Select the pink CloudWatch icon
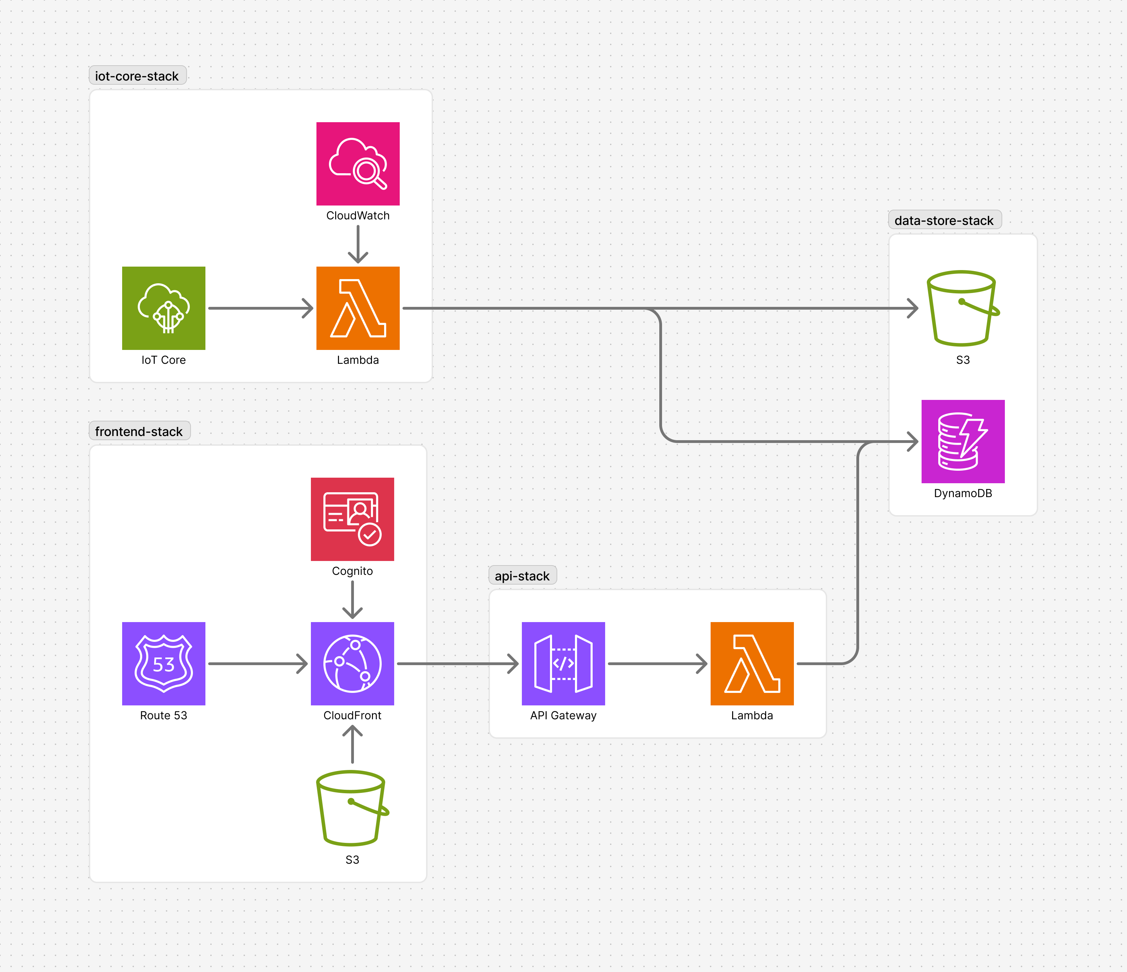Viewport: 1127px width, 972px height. pos(358,164)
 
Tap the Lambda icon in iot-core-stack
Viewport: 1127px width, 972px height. pos(358,308)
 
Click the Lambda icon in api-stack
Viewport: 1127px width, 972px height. pos(752,663)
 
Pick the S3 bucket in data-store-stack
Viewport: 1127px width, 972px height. pos(962,308)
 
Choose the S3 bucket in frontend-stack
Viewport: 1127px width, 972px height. pos(352,808)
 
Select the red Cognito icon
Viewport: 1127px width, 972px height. pos(352,519)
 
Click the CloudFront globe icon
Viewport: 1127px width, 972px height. pos(352,663)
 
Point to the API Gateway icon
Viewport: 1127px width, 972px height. pos(563,663)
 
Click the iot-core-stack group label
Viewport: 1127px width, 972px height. pos(137,76)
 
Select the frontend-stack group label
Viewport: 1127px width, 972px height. pos(139,431)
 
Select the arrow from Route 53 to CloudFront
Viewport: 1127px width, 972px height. pos(258,663)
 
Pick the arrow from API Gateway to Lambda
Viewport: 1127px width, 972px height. pos(657,663)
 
